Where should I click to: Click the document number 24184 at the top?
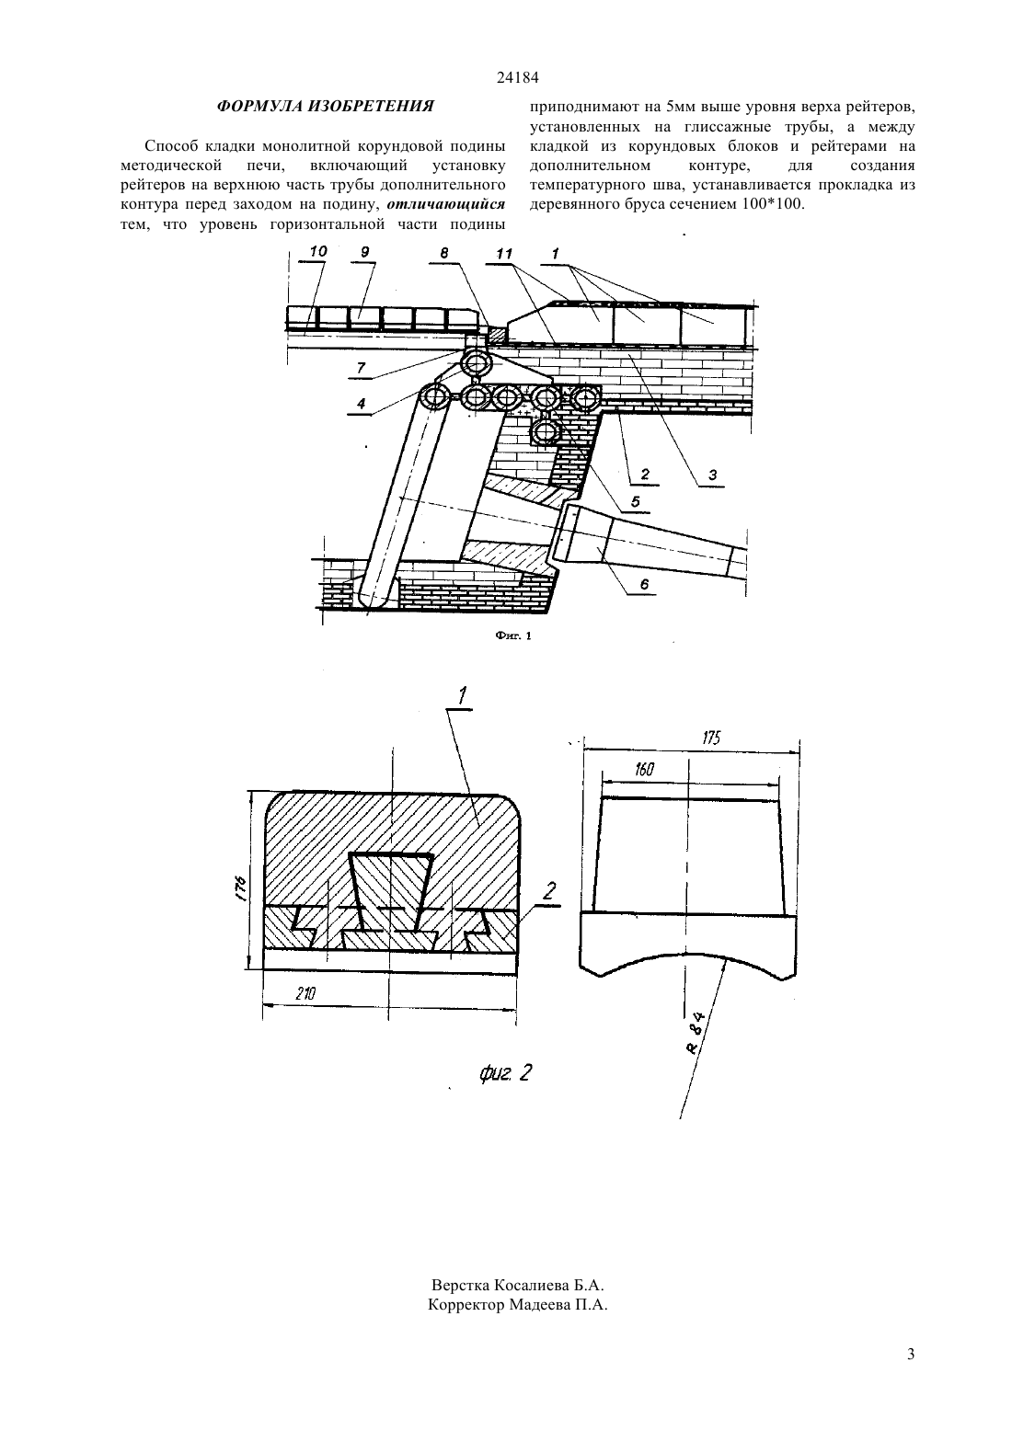(517, 78)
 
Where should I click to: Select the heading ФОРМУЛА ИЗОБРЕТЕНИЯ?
(326, 106)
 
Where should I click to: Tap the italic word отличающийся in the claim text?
(446, 205)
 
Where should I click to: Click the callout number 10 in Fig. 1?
(318, 251)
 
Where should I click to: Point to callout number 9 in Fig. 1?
(365, 252)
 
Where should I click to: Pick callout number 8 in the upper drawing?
(444, 253)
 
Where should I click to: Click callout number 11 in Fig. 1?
(504, 254)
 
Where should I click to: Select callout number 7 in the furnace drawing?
(361, 367)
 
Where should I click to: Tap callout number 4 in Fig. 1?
(361, 403)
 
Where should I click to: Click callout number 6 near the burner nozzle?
(644, 583)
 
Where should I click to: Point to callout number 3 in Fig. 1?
(712, 475)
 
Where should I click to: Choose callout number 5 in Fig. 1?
(636, 501)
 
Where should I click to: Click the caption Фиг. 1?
(513, 635)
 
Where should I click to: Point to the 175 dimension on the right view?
(711, 738)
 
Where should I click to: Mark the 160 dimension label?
(645, 769)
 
